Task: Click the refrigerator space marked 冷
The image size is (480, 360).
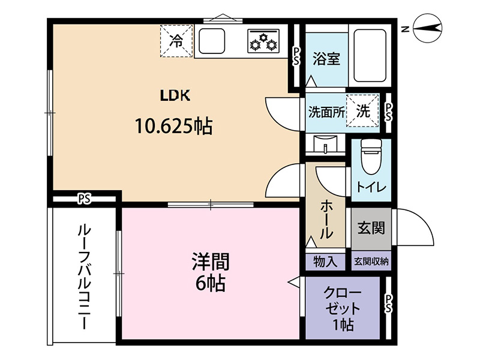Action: pyautogui.click(x=176, y=41)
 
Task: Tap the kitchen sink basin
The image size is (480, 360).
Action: pyautogui.click(x=212, y=41)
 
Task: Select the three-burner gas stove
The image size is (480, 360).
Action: pyautogui.click(x=263, y=40)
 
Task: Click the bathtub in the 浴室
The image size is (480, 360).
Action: pyautogui.click(x=370, y=55)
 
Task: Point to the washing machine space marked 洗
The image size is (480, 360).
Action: pyautogui.click(x=363, y=110)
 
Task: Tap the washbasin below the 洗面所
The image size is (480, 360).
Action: pyautogui.click(x=325, y=143)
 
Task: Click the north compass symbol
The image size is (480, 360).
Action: pyautogui.click(x=428, y=28)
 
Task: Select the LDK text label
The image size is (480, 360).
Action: pyautogui.click(x=175, y=95)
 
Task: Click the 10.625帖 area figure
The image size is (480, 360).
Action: pyautogui.click(x=173, y=127)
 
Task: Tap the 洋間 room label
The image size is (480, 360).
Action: pyautogui.click(x=211, y=262)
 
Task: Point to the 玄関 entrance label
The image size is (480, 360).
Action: pyautogui.click(x=371, y=228)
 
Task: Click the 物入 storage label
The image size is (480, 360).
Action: pyautogui.click(x=325, y=262)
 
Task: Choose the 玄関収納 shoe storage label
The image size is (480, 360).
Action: pyautogui.click(x=371, y=262)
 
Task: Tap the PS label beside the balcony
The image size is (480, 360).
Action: pyautogui.click(x=84, y=199)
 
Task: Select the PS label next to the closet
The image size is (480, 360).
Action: pyautogui.click(x=388, y=304)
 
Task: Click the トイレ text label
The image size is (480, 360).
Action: pyautogui.click(x=371, y=187)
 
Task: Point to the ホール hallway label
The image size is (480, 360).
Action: pyautogui.click(x=326, y=220)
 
